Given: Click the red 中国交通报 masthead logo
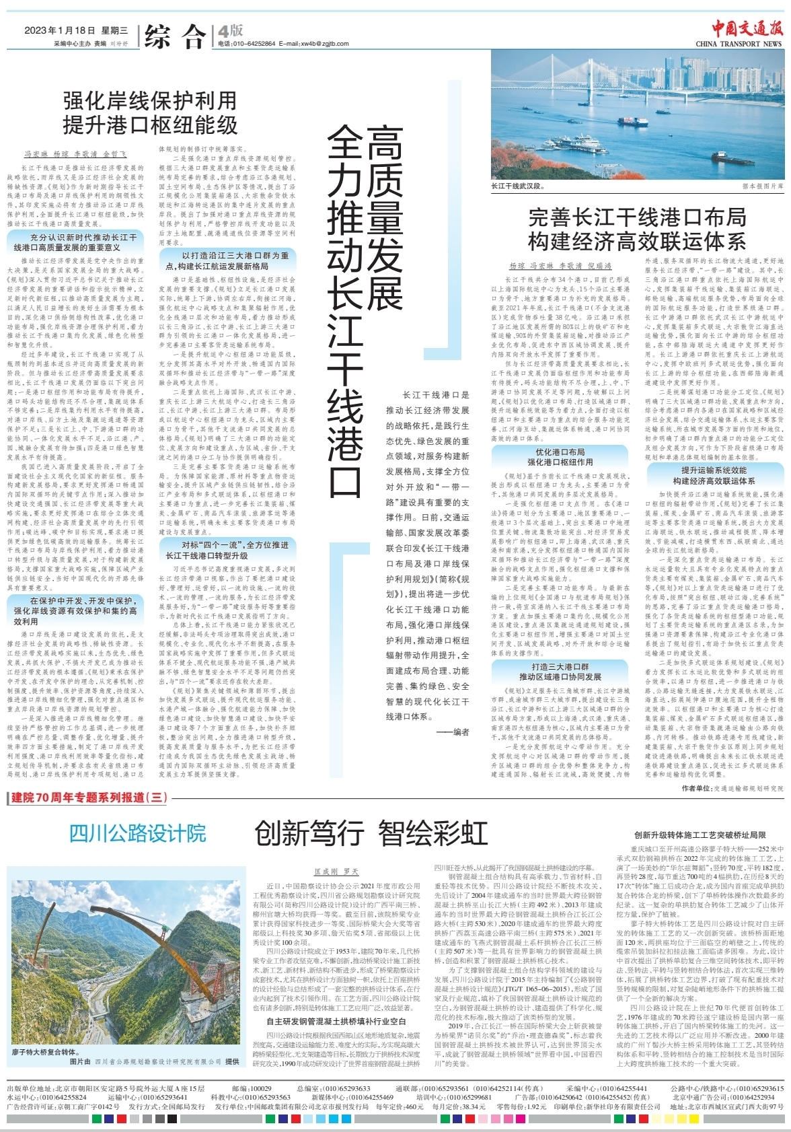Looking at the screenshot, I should click(x=748, y=29).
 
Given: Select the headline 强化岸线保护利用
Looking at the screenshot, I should click(x=150, y=101).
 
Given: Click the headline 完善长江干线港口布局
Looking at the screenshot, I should click(x=637, y=217).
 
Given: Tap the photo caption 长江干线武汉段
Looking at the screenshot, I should click(x=517, y=186).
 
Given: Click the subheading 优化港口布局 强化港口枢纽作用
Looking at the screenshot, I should click(x=560, y=457).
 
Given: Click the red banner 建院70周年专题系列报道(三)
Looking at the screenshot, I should click(x=89, y=798).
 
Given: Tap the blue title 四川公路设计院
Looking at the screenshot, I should click(x=138, y=834).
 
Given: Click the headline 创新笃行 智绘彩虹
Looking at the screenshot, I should click(x=371, y=834).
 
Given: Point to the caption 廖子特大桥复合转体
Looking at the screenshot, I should click(x=44, y=1052).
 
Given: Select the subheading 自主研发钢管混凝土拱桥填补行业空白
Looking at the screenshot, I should click(x=336, y=1022).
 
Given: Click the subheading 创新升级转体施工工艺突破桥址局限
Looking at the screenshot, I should click(x=700, y=835).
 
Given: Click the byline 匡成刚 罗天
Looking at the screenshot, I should click(x=336, y=872).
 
